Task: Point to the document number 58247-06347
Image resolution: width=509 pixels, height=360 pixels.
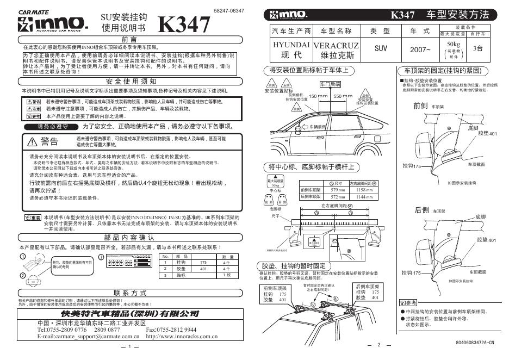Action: tap(229, 11)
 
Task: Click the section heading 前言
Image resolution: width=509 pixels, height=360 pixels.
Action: tap(129, 40)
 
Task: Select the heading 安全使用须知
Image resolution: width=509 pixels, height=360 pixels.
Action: tap(129, 80)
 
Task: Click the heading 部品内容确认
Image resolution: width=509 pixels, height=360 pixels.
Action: tap(129, 237)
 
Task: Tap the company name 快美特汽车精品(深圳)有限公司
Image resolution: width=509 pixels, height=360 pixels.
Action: tap(129, 314)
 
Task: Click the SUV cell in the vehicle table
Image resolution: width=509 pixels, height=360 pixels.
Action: tap(381, 48)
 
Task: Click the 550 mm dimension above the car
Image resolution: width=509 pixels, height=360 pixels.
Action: tap(343, 96)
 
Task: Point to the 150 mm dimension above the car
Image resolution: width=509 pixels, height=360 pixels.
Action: tap(319, 96)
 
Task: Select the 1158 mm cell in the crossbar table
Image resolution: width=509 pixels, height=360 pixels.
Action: tap(364, 190)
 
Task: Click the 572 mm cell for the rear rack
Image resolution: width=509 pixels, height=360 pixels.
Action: tap(338, 196)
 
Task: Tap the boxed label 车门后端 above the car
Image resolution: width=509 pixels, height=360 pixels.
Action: tap(330, 84)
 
